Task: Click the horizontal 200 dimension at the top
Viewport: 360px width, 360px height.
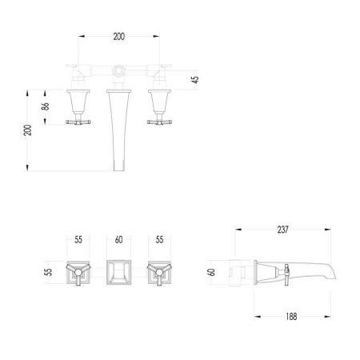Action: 118,37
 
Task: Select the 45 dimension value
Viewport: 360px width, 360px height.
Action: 195,79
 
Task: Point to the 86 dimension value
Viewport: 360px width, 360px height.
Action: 46,106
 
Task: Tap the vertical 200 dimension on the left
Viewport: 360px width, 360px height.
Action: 27,130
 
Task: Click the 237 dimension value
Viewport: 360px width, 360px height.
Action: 283,230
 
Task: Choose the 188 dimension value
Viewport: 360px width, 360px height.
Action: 291,317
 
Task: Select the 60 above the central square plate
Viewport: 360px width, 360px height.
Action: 119,240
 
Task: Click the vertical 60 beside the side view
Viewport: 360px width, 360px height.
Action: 211,272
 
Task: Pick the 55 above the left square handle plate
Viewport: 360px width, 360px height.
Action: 78,240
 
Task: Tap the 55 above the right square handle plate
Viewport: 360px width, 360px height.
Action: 159,240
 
